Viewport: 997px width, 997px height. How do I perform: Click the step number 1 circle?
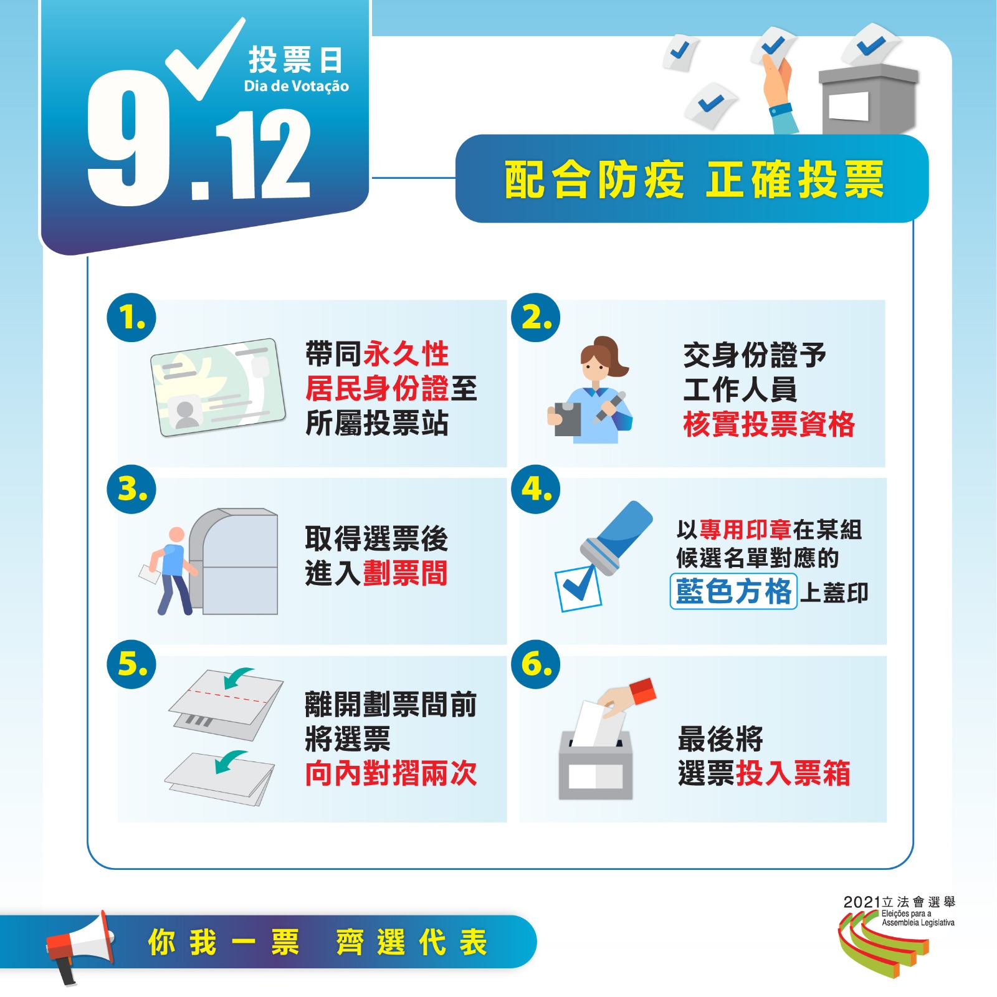point(131,318)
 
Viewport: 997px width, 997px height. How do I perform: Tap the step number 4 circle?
point(536,489)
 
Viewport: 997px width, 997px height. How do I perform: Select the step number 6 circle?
point(536,664)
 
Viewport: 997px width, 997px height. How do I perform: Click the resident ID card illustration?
point(217,387)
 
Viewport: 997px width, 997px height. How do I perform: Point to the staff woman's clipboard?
point(567,419)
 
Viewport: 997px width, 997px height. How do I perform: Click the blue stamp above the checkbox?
point(617,536)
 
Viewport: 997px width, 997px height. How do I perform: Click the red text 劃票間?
point(405,573)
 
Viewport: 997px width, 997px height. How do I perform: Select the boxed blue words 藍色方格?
point(733,591)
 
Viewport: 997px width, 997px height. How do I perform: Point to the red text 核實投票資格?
point(769,424)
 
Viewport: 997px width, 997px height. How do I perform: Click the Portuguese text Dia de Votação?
point(296,86)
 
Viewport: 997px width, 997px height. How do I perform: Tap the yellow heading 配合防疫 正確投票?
point(694,179)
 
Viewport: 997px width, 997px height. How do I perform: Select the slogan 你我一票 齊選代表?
point(317,942)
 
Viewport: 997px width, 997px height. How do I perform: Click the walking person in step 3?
point(168,571)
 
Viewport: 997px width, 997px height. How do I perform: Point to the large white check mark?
point(206,59)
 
